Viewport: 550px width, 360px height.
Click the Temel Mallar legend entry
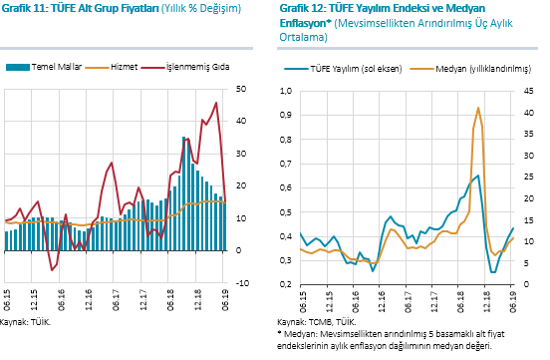pyautogui.click(x=44, y=67)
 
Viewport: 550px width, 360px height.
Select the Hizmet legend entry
pyautogui.click(x=112, y=67)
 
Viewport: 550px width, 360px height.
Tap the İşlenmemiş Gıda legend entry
pyautogui.click(x=185, y=67)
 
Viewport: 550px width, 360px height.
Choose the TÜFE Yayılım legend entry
pyautogui.click(x=343, y=69)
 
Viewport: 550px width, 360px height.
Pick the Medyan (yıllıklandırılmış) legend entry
pyautogui.click(x=470, y=69)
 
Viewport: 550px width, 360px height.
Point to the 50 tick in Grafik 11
pyautogui.click(x=241, y=89)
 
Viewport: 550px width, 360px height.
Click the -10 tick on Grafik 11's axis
pyautogui.click(x=242, y=283)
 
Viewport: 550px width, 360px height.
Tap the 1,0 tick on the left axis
pyautogui.click(x=286, y=91)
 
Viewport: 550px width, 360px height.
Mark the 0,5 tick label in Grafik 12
pyautogui.click(x=286, y=212)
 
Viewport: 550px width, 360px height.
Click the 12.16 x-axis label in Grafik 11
pyautogui.click(x=88, y=299)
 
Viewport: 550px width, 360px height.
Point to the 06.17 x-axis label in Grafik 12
pyautogui.click(x=409, y=302)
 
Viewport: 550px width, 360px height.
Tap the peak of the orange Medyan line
pyautogui.click(x=478, y=108)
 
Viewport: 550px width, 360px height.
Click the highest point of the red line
pyautogui.click(x=216, y=103)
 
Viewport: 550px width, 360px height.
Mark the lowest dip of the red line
pyautogui.click(x=52, y=270)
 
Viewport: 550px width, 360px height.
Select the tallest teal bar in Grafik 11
pyautogui.click(x=183, y=193)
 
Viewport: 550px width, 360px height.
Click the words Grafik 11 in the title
pyautogui.click(x=24, y=8)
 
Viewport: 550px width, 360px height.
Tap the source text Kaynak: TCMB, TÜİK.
pyautogui.click(x=317, y=322)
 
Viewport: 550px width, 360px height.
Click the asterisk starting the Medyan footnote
pyautogui.click(x=280, y=332)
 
